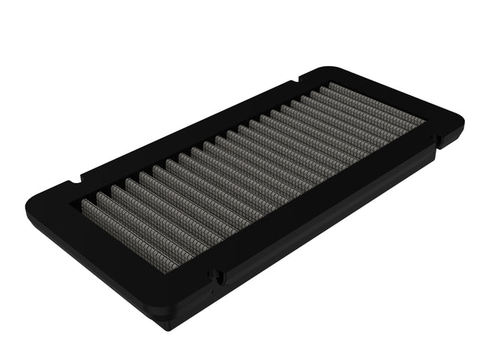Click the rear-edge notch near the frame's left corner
point(81,180)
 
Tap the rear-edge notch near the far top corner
point(300,76)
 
